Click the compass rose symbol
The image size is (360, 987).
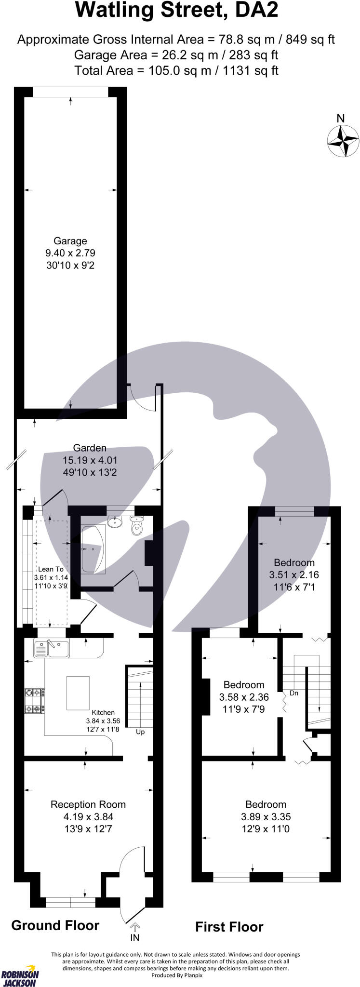[343, 141]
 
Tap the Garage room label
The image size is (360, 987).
[70, 240]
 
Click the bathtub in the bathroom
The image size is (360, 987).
[93, 549]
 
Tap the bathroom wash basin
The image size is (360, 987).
[115, 521]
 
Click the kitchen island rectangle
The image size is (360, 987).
[78, 693]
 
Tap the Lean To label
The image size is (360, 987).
[51, 569]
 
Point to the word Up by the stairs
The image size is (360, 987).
[140, 732]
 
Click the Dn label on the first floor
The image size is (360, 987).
[294, 694]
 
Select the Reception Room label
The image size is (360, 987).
[88, 804]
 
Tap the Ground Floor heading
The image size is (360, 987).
[55, 925]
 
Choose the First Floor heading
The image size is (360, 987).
[229, 926]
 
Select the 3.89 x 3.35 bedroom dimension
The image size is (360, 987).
[266, 816]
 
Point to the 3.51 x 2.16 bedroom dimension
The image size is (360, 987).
[294, 574]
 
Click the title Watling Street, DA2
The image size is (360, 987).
[177, 11]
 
